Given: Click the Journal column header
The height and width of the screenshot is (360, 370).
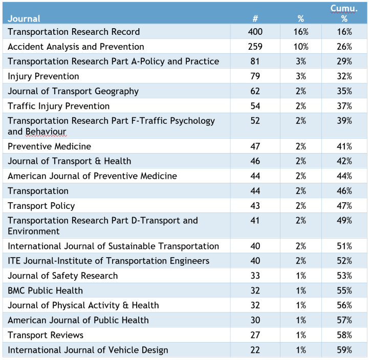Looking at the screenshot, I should tap(24, 19).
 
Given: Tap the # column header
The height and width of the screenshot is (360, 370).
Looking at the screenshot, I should tap(255, 19).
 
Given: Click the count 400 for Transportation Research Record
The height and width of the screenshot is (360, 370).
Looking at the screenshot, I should tap(255, 32).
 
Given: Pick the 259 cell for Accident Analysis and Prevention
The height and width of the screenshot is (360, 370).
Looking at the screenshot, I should tap(255, 47).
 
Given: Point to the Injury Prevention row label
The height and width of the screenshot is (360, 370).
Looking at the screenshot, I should tap(43, 76).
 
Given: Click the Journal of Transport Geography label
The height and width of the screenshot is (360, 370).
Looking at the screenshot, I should tap(73, 91).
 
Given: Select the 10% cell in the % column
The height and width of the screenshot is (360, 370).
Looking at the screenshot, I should tap(301, 47).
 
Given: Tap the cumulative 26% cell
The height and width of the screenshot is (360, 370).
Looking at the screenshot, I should tap(344, 47).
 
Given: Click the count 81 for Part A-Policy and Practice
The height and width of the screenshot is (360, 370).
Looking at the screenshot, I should tap(255, 61).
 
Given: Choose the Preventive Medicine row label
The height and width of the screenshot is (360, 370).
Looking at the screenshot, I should tap(49, 146).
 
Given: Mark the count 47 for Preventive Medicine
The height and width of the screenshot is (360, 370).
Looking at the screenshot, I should tap(255, 146).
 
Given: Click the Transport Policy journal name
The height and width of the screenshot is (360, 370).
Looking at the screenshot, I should tap(41, 206).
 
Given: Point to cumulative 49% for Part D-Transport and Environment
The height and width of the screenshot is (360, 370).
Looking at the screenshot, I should tap(344, 221).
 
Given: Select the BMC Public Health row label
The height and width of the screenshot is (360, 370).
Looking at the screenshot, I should tap(46, 290).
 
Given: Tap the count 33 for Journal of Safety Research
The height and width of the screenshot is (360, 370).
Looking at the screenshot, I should tap(255, 276).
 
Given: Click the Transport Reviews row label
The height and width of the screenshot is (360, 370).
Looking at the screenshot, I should tap(46, 335).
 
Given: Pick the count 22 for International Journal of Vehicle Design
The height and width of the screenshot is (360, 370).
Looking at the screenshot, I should tap(255, 350).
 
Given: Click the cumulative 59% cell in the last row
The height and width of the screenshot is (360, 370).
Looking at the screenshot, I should tap(344, 350).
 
